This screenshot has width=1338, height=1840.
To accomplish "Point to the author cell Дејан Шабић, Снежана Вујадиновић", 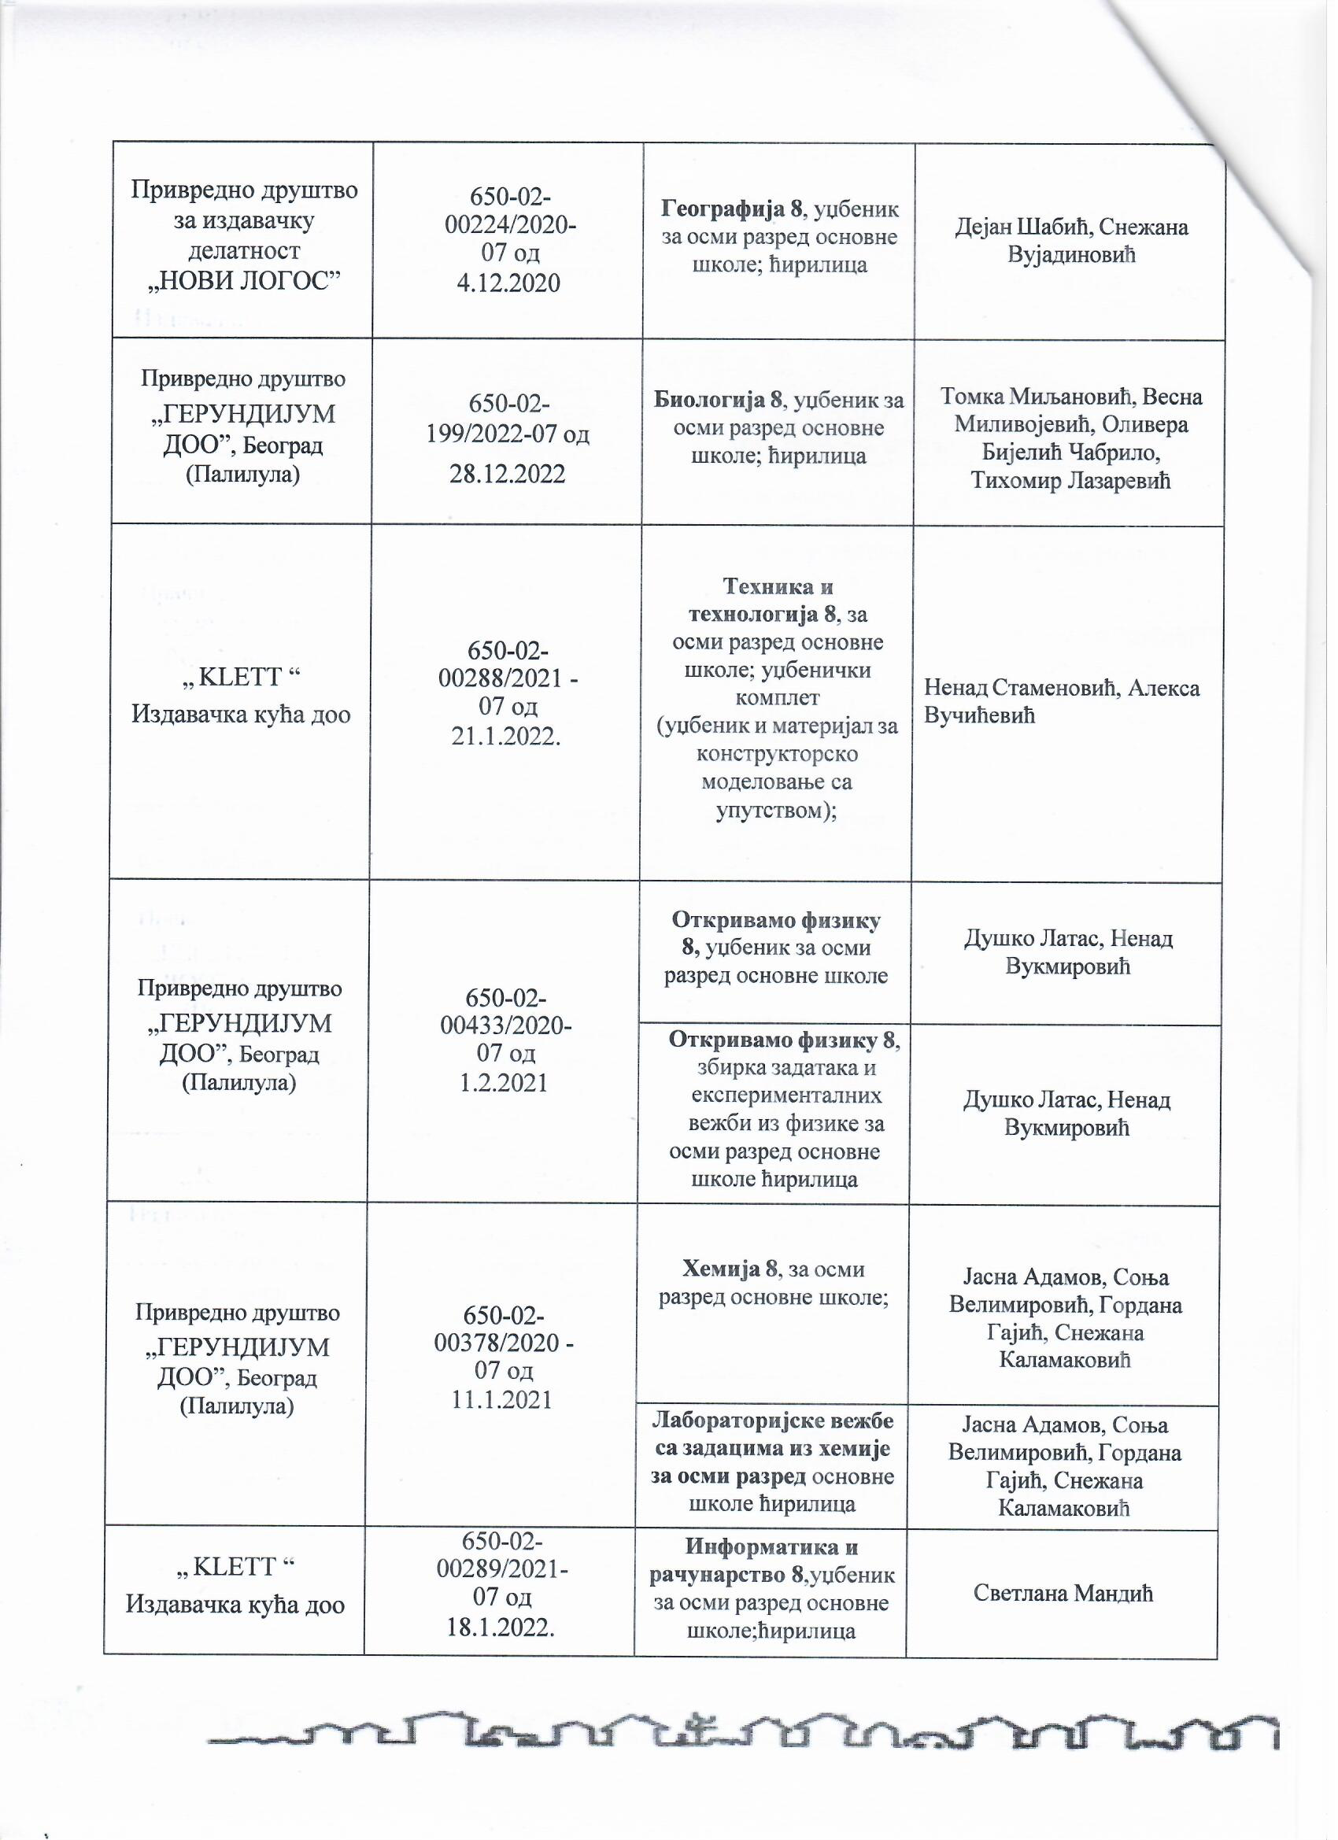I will [x=1070, y=240].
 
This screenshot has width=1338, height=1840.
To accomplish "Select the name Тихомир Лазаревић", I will [x=1071, y=481].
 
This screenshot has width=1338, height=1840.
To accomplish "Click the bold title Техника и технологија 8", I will [x=777, y=600].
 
